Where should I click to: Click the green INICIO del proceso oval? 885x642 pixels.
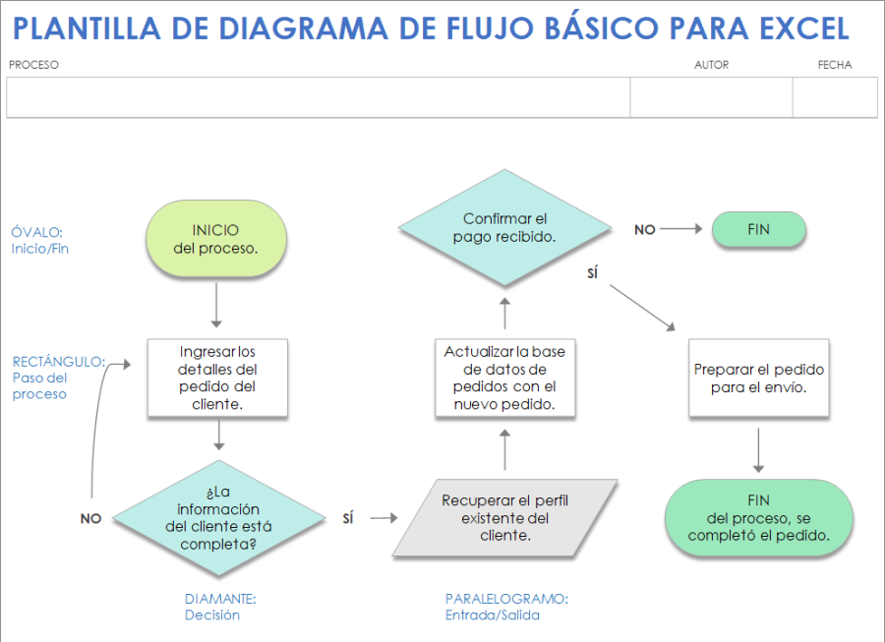(x=215, y=238)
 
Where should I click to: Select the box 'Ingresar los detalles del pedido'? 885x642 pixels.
(x=216, y=379)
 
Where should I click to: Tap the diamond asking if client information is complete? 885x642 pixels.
(x=218, y=517)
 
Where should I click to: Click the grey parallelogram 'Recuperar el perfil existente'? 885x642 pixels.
(x=504, y=517)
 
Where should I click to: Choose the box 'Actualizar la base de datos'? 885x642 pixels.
(x=504, y=378)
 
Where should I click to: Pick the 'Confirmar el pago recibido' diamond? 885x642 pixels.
(x=504, y=228)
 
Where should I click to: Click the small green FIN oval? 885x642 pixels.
(x=758, y=229)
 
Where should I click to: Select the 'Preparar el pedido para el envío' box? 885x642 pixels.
(x=758, y=379)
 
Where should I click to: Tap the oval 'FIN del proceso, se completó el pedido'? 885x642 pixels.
(x=758, y=518)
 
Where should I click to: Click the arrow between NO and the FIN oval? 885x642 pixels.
(x=683, y=229)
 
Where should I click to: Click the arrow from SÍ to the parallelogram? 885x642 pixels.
(x=383, y=518)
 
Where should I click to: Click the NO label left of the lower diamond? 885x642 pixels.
(x=90, y=518)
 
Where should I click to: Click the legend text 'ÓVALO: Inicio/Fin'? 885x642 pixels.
(x=39, y=241)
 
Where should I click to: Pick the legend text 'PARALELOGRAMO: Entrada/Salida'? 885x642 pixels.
(x=505, y=607)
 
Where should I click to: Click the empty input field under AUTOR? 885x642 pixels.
(x=711, y=97)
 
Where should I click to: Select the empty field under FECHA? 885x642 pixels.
(x=834, y=97)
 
